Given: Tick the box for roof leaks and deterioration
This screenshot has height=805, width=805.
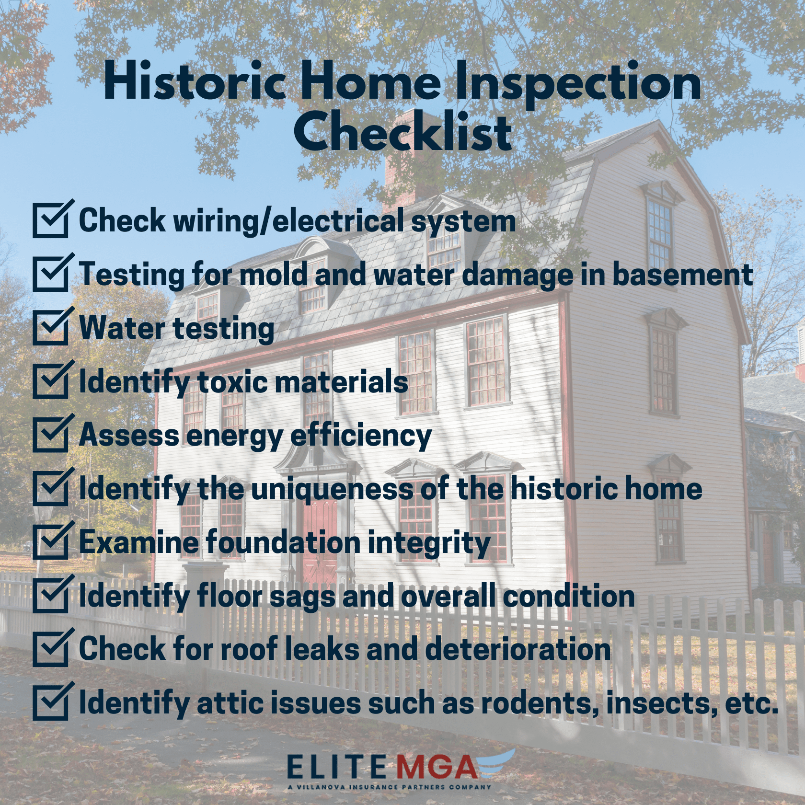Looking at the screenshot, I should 51,649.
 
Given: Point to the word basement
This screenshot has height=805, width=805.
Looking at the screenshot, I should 683,275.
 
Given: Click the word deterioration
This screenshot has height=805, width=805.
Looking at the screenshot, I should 517,649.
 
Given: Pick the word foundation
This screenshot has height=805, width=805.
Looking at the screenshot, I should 284,542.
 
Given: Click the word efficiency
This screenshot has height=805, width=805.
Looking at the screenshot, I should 361,436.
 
